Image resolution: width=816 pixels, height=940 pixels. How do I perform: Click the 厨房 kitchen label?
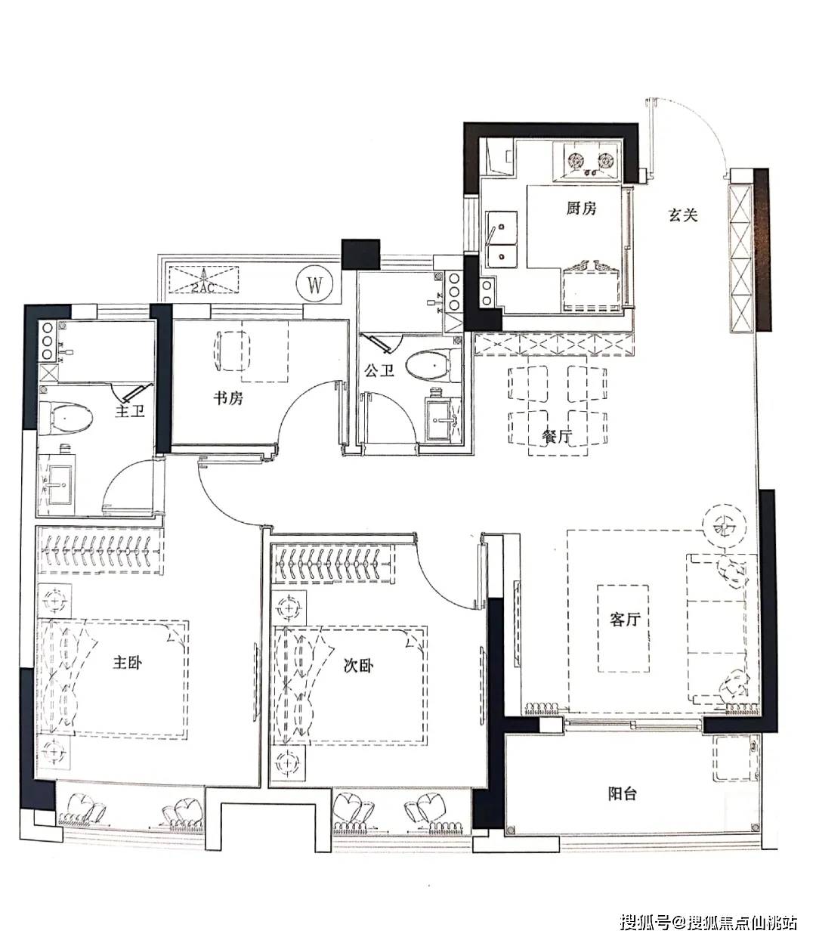pyautogui.click(x=581, y=209)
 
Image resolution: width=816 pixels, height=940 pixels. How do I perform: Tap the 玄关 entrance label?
pyautogui.click(x=683, y=215)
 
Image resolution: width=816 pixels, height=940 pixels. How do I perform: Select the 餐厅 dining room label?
pyautogui.click(x=557, y=436)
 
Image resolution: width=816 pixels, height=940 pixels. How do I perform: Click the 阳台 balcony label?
pyautogui.click(x=623, y=793)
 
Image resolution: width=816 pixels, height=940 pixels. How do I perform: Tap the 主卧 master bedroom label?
pyautogui.click(x=128, y=662)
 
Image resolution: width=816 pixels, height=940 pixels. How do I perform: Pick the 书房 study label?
pyautogui.click(x=227, y=398)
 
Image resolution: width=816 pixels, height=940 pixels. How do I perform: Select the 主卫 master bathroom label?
pyautogui.click(x=129, y=410)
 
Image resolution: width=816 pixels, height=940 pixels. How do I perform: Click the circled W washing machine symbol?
pyautogui.click(x=315, y=286)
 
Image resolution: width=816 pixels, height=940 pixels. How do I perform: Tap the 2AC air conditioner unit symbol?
pyautogui.click(x=204, y=280)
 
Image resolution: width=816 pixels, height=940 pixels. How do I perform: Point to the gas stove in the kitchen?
pyautogui.click(x=588, y=162)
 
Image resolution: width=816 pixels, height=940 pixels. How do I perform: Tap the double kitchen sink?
pyautogui.click(x=502, y=240)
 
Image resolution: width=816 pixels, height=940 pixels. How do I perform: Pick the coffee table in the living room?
pyautogui.click(x=623, y=628)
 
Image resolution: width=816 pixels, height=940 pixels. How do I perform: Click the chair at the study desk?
pyautogui.click(x=233, y=351)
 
